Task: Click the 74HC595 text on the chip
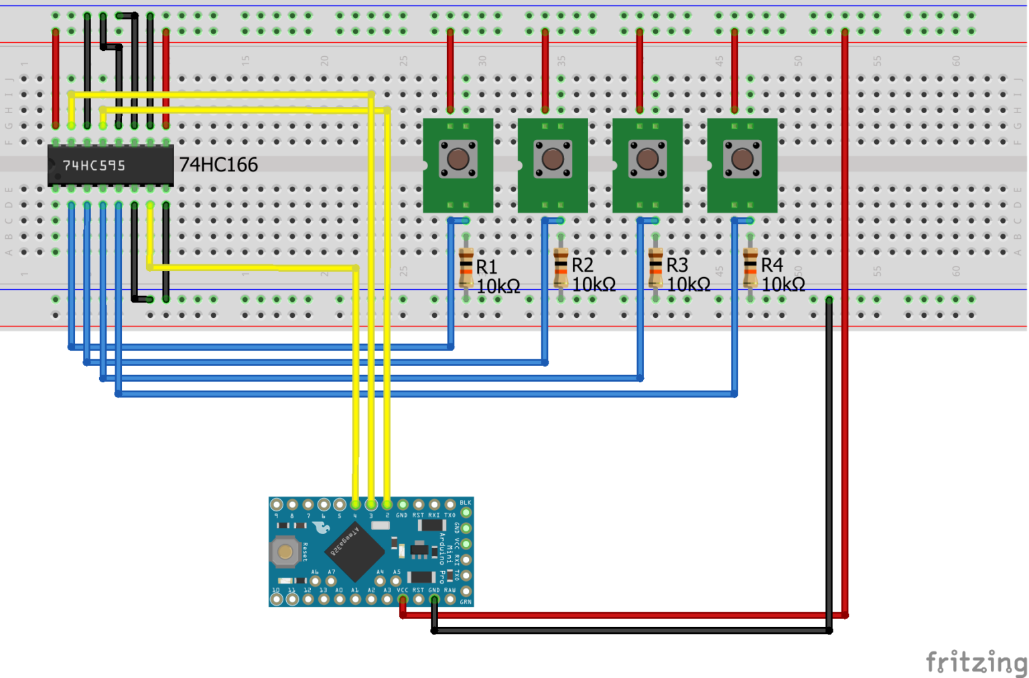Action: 94,165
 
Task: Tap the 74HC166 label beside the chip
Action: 218,165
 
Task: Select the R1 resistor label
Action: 486,267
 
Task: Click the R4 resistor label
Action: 772,265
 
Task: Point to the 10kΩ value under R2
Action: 594,284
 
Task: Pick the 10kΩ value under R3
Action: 689,284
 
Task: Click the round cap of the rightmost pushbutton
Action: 742,159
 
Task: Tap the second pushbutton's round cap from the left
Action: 553,159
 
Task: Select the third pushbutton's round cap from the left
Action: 647,159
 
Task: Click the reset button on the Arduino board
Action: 285,552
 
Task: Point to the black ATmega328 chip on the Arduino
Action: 354,551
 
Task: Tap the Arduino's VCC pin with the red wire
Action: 403,599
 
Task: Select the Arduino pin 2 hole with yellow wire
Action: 387,504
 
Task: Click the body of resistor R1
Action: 466,268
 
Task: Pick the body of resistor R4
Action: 750,268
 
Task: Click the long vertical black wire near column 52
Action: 829,469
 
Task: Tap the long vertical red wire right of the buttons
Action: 845,335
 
